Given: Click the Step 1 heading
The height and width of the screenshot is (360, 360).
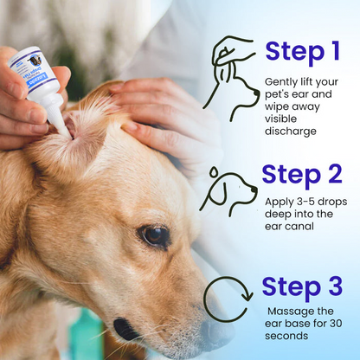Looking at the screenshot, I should point(302,52).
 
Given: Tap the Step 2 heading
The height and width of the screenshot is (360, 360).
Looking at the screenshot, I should point(302,175).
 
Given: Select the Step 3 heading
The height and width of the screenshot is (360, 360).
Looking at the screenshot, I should point(302,285).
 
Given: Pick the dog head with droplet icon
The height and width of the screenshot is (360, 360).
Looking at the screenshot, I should point(228,192).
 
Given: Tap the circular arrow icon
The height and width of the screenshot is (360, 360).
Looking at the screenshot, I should point(227,299).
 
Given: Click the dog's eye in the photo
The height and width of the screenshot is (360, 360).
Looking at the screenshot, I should point(157,235).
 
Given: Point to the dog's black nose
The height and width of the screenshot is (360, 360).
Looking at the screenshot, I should point(127,330).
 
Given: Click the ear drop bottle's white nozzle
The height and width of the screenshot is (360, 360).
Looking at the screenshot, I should point(60,122).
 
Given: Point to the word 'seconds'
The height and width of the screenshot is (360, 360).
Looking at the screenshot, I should point(289,337).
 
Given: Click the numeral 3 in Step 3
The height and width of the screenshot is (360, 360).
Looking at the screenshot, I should point(331,285).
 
